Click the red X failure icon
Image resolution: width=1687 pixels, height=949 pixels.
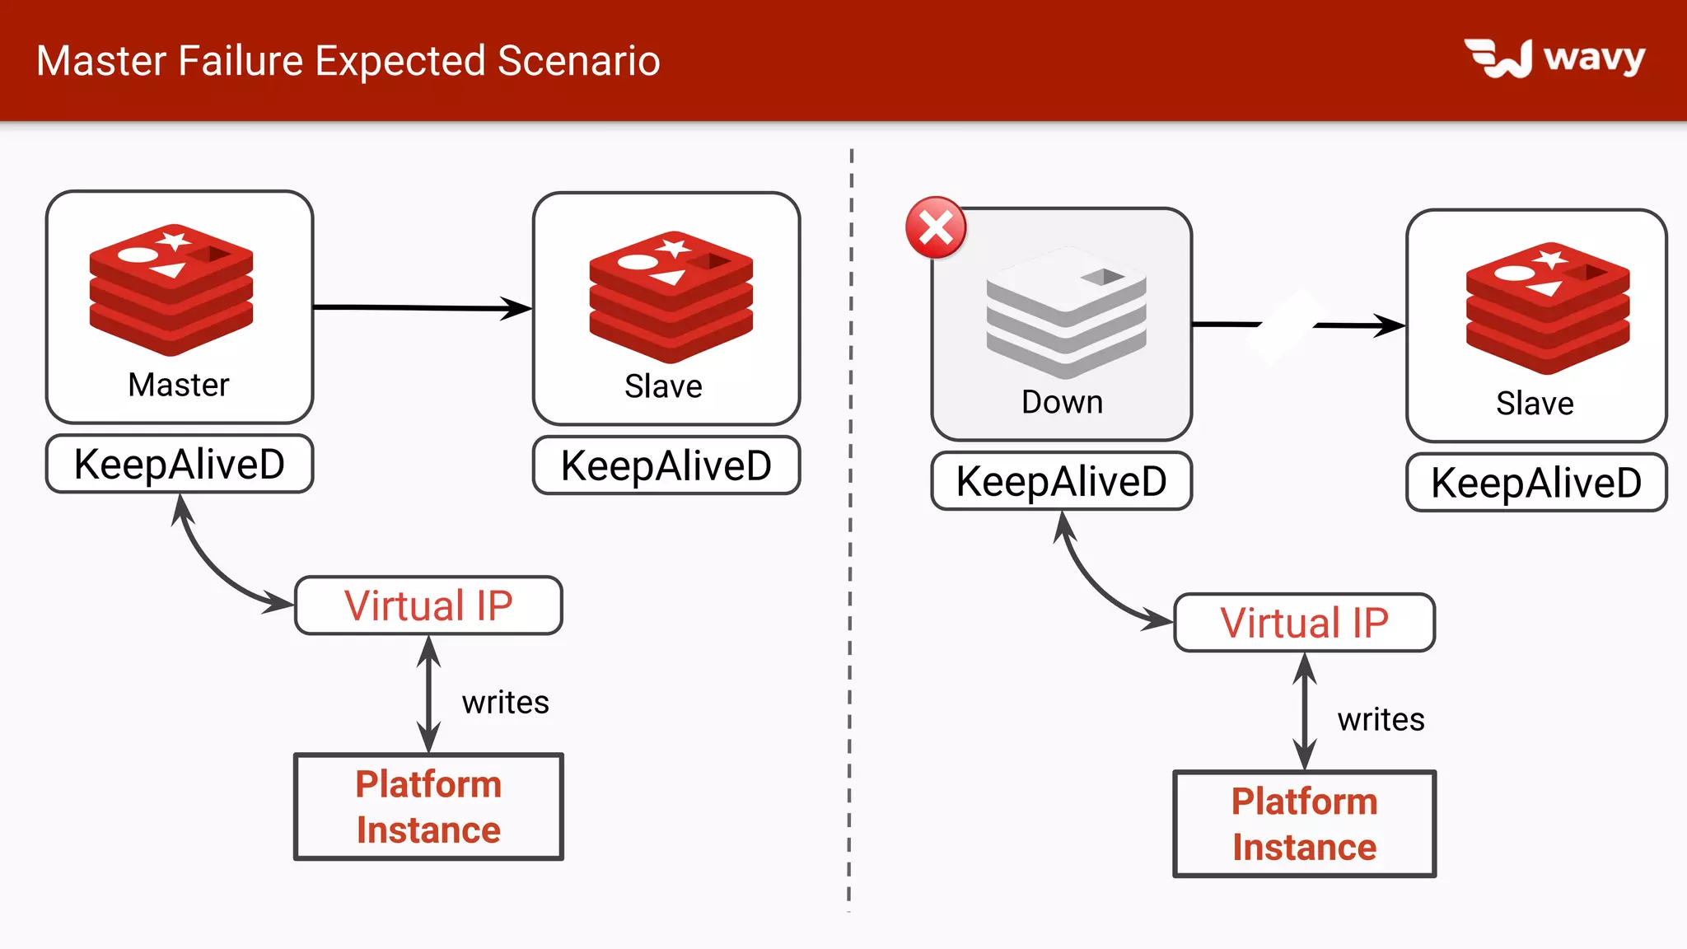click(936, 228)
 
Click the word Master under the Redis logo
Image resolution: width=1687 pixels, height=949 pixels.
click(179, 385)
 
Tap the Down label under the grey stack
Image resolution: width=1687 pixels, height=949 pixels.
click(1062, 402)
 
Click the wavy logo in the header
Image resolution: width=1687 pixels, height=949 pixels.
click(1554, 58)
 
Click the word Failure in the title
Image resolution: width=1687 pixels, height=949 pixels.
click(241, 61)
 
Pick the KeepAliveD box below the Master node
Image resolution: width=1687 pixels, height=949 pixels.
click(180, 464)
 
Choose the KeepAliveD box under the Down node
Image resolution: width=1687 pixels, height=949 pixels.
click(1062, 481)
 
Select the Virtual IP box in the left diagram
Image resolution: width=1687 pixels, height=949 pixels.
click(428, 605)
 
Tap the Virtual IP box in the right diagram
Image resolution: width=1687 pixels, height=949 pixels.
click(1304, 623)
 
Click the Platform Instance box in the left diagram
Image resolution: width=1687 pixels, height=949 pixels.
click(428, 807)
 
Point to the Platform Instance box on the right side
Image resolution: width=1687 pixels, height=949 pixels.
click(1304, 824)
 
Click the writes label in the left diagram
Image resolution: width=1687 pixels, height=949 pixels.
click(505, 703)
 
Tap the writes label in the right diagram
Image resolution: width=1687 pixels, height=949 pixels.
click(1381, 720)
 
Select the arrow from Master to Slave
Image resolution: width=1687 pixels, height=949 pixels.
click(420, 308)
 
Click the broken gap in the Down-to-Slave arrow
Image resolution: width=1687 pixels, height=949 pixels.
click(1287, 325)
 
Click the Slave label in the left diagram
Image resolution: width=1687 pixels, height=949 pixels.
click(663, 386)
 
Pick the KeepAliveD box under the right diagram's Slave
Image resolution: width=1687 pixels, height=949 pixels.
click(1536, 483)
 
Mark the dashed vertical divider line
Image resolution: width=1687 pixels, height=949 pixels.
click(850, 527)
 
